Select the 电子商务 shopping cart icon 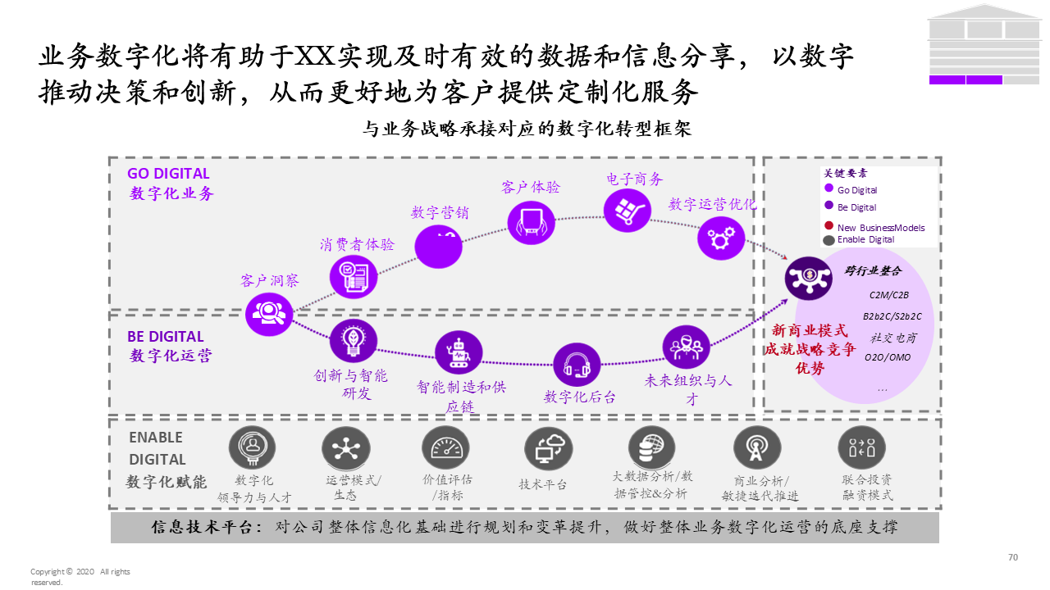(x=628, y=211)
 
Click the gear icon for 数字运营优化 (x=721, y=238)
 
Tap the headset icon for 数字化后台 (x=577, y=365)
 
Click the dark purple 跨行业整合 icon (x=809, y=277)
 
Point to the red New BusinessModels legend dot (x=829, y=226)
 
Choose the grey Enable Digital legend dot (x=829, y=240)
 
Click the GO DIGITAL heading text (x=168, y=174)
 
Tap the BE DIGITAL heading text (x=165, y=337)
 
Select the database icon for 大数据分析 (x=652, y=447)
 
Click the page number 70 (x=1013, y=557)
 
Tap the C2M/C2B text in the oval (x=889, y=294)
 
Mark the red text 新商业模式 (x=809, y=330)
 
